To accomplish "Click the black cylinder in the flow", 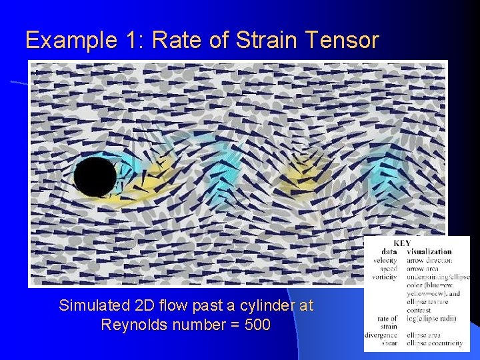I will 95,177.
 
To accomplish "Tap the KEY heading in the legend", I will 402,243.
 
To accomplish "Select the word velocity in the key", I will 385,260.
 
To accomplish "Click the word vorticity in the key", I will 385,277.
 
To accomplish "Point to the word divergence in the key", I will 381,335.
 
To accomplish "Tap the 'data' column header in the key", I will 389,252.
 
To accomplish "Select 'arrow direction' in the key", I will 429,260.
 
